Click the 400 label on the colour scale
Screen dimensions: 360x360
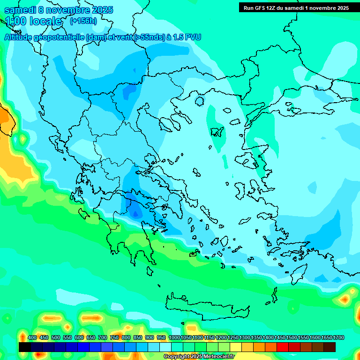pyautogui.click(x=32, y=337)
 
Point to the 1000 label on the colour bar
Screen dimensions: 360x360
pyautogui.click(x=174, y=337)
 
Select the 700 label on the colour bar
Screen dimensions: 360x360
pyautogui.click(x=103, y=337)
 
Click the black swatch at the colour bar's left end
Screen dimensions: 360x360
pyautogui.click(x=25, y=347)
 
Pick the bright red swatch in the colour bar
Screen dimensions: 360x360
pyautogui.click(x=283, y=347)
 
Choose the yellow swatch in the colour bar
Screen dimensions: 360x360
pyautogui.click(x=236, y=347)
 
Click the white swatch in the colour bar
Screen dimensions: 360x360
pyautogui.click(x=165, y=347)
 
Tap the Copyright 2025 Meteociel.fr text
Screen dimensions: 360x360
pyautogui.click(x=199, y=356)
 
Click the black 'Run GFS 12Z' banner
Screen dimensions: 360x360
pyautogui.click(x=296, y=7)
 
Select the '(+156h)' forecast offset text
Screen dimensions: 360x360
pyautogui.click(x=83, y=21)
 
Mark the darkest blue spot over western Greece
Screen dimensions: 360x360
pyautogui.click(x=135, y=213)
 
